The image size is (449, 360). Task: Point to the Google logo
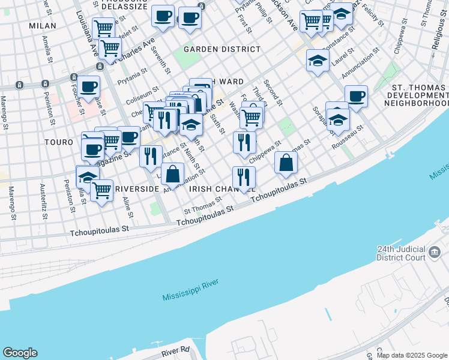(x=20, y=353)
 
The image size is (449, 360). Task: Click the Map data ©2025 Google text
(x=412, y=355)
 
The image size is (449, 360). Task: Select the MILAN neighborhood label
(x=42, y=26)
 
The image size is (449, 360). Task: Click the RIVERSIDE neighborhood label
(x=137, y=188)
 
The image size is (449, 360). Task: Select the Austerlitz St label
(x=42, y=200)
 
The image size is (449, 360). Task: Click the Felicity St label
(x=373, y=14)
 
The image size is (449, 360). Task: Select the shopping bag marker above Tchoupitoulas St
(x=287, y=162)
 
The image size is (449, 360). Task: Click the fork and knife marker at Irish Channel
(x=244, y=177)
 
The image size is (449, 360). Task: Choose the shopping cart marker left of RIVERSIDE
(x=101, y=191)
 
